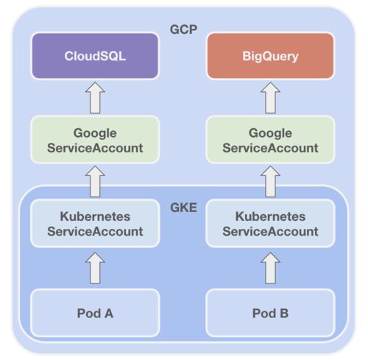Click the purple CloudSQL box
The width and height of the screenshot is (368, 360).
(x=95, y=56)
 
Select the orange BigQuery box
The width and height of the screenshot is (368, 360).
(x=270, y=56)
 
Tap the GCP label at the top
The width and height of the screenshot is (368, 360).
(x=183, y=29)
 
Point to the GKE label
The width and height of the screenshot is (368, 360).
(x=183, y=208)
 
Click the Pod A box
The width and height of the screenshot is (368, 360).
(x=95, y=313)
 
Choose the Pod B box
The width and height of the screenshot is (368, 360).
(x=270, y=313)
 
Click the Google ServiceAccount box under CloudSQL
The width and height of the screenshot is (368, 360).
(x=95, y=140)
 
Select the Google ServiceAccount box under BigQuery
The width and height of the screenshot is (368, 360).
(x=270, y=140)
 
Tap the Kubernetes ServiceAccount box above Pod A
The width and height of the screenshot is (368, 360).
(x=95, y=223)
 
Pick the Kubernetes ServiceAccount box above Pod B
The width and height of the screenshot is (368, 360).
(x=270, y=223)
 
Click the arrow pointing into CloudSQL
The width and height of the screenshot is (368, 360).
(x=95, y=98)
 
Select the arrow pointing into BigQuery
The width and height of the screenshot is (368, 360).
(x=270, y=98)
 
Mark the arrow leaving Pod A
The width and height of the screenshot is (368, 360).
(x=95, y=268)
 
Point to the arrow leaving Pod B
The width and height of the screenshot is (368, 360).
(x=270, y=268)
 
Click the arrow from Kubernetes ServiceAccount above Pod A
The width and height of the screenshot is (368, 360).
(x=95, y=181)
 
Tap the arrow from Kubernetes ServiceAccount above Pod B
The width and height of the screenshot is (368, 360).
(x=270, y=181)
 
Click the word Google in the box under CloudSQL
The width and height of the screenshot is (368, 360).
(x=95, y=134)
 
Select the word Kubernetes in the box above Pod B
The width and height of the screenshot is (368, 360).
(x=270, y=216)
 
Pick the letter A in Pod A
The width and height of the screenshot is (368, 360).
(x=109, y=313)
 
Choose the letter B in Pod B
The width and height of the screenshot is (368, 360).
(x=284, y=313)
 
